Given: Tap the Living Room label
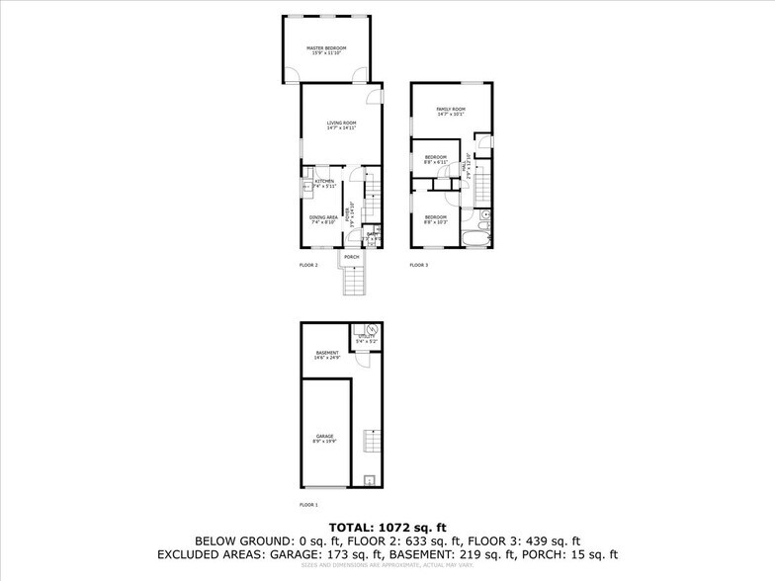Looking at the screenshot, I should pos(341,124).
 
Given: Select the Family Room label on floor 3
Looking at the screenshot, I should pos(451,111).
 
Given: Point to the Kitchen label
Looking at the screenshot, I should pos(325,183).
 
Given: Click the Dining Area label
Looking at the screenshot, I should pos(323,218).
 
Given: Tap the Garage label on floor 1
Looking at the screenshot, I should pos(325,437).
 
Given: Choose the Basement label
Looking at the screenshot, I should pos(327,355).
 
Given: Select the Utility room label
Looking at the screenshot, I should pos(367,339).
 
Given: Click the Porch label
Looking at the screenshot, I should pos(351,258).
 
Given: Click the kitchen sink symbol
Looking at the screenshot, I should pos(306,183).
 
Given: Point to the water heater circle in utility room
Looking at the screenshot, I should pos(372,329).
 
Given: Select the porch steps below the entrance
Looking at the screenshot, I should pos(353,283).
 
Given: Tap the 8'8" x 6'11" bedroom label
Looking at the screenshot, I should pos(436,159).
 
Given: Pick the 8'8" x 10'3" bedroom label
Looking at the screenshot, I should pos(436,218).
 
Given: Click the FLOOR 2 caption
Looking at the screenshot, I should pos(308,265).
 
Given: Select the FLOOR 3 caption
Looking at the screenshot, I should pos(419,265).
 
